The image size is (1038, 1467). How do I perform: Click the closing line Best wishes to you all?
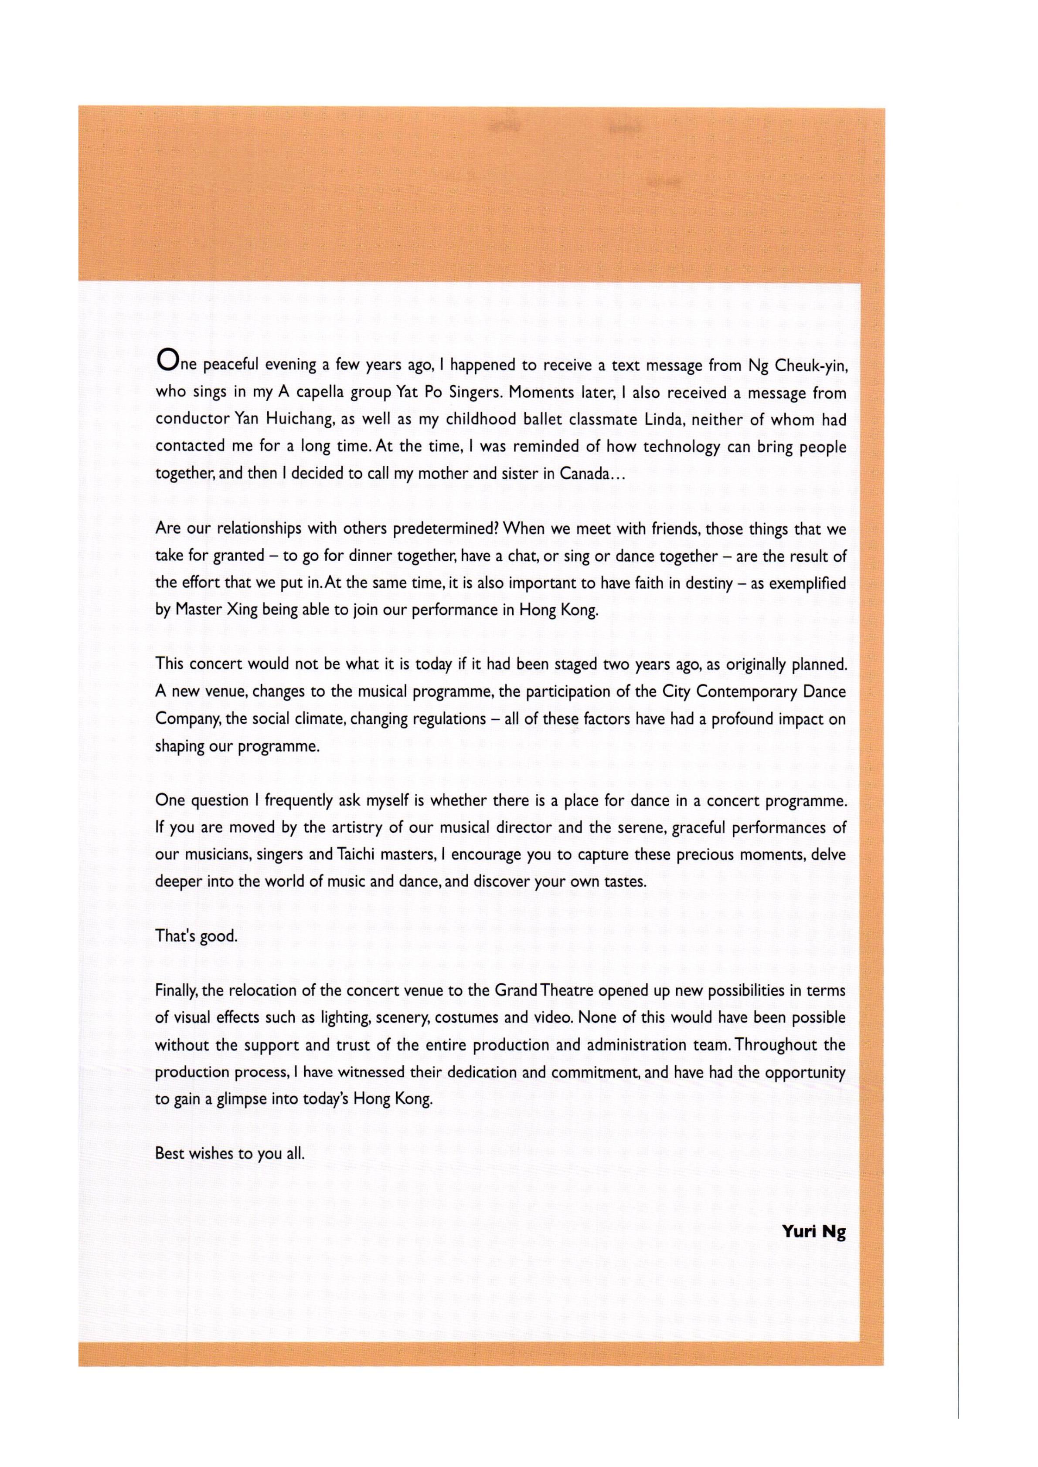tap(229, 1155)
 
